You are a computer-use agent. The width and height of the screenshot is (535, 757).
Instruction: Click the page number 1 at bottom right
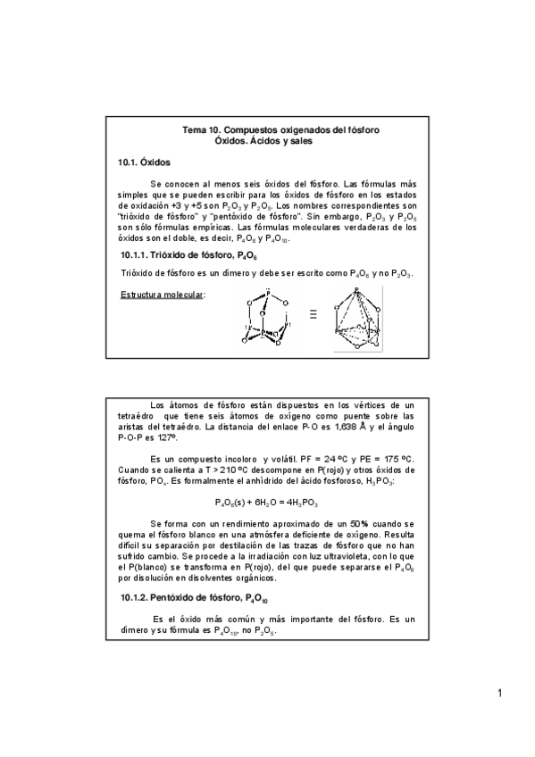501,694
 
